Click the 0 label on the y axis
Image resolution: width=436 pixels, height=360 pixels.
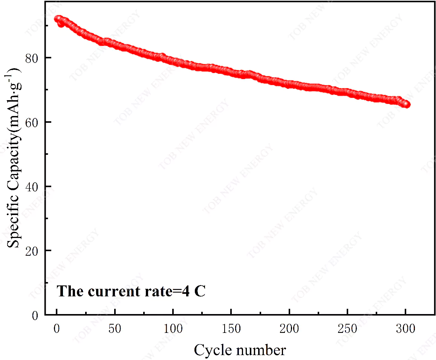click(35, 315)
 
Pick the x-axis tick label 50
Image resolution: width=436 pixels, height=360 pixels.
click(115, 329)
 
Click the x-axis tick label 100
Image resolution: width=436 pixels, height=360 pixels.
click(173, 329)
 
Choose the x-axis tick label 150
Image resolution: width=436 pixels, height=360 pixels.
click(231, 329)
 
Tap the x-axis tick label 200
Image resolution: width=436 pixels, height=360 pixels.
click(289, 329)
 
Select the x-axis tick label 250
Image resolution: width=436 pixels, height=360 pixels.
click(347, 329)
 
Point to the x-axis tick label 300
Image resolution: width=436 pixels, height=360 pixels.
click(405, 329)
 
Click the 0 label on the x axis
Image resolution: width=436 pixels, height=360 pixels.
click(57, 329)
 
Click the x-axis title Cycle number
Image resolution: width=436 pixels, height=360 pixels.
click(240, 351)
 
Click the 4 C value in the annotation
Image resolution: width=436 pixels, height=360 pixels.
click(194, 291)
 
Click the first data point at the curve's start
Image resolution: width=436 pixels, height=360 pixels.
click(57, 19)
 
